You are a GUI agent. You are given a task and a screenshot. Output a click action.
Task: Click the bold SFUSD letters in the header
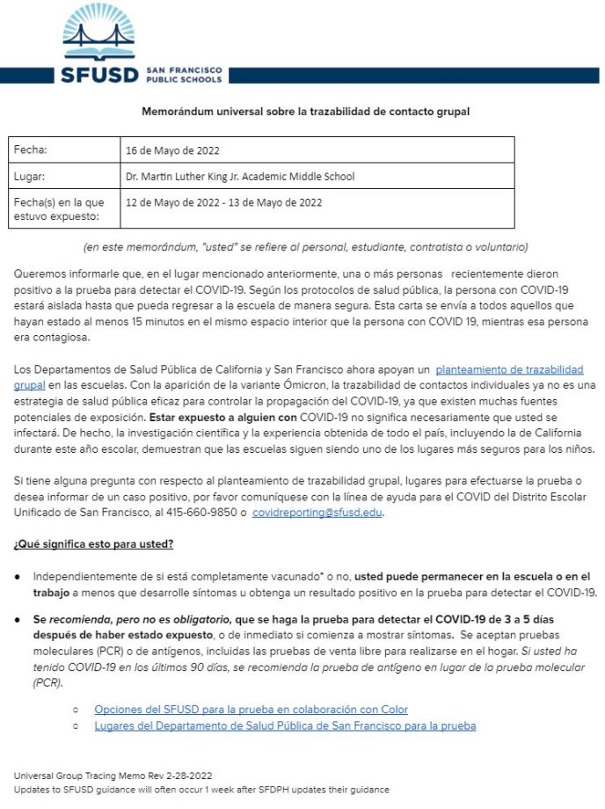tap(99, 75)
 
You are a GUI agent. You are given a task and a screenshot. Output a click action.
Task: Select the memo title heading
tap(306, 112)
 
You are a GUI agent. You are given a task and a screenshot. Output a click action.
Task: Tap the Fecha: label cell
tap(31, 150)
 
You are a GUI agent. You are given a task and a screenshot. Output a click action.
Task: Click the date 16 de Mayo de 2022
tap(172, 150)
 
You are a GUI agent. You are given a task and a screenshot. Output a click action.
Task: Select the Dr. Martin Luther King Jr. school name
tap(240, 176)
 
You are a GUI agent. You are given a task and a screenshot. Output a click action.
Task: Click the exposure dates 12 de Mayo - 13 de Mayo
tap(224, 202)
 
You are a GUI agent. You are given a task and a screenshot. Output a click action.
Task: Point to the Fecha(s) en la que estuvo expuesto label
tap(58, 209)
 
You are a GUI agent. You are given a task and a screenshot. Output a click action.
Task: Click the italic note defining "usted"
tap(305, 246)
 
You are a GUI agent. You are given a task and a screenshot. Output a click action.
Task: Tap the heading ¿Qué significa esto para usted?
tap(93, 543)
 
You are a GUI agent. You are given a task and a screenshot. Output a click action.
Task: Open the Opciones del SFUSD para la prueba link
tap(251, 709)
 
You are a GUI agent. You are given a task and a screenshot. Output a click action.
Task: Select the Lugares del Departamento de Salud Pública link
tap(285, 725)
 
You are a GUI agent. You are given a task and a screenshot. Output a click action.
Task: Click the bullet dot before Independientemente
tap(18, 577)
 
